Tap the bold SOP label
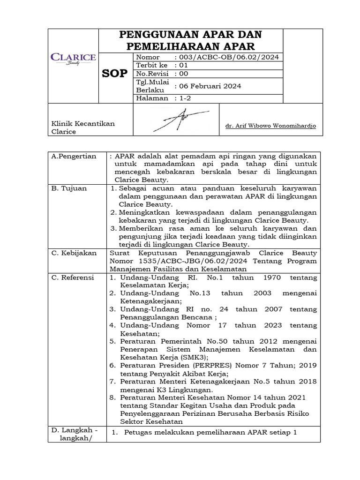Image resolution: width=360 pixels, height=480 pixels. coord(114,74)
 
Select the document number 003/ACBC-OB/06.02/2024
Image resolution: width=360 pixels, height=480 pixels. coord(228,57)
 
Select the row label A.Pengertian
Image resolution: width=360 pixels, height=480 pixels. coord(74,156)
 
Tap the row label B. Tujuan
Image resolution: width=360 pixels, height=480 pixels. coord(67,188)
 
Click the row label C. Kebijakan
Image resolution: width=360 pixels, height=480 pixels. coord(74,253)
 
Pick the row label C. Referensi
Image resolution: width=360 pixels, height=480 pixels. coord(73,277)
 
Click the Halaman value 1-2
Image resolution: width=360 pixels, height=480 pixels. coord(182,98)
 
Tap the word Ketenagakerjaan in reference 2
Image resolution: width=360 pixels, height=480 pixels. coord(149,301)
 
